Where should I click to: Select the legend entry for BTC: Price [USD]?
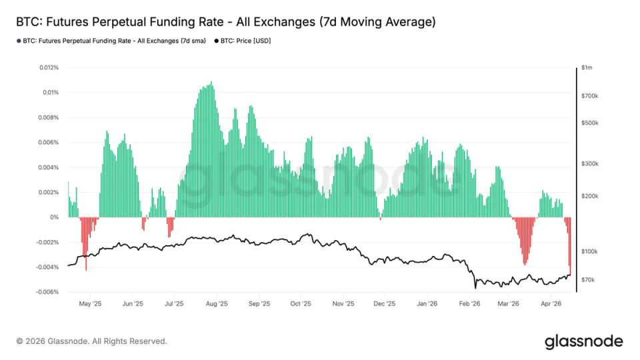[243, 41]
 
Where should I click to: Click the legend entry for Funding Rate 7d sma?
[111, 41]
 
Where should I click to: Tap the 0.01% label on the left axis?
[51, 92]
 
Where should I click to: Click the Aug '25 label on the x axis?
[217, 303]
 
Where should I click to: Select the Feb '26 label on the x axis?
[469, 303]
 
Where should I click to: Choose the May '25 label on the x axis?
[90, 303]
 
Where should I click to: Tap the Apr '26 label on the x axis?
[551, 303]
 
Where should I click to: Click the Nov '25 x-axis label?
[343, 303]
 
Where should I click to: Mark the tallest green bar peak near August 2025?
[211, 83]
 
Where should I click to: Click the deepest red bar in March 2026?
[525, 264]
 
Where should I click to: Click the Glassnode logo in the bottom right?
[583, 341]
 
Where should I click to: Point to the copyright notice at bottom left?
[91, 341]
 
